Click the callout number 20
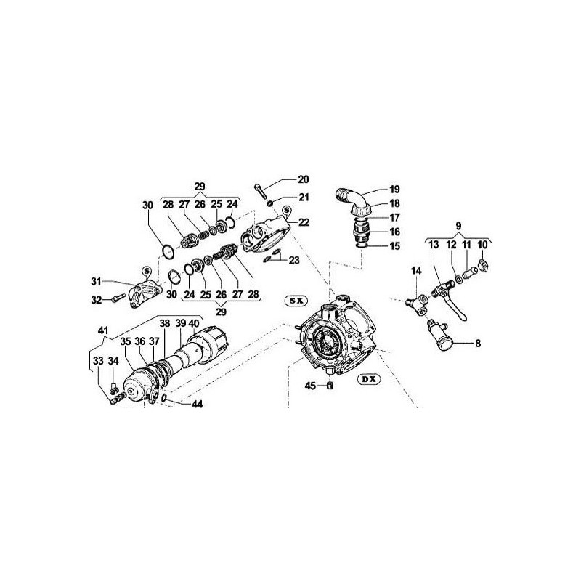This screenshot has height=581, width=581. click(x=303, y=179)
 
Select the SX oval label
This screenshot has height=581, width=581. click(x=296, y=301)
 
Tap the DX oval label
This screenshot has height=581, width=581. click(x=369, y=379)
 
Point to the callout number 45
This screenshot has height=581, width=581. click(x=311, y=386)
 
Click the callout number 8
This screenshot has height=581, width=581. click(x=478, y=344)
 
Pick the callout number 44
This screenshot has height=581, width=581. click(x=197, y=404)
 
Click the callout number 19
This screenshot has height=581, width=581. click(x=394, y=190)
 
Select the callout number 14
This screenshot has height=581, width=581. click(x=416, y=271)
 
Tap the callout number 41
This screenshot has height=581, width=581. click(x=102, y=330)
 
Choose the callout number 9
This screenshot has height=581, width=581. click(x=458, y=226)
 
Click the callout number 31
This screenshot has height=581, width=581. click(x=96, y=282)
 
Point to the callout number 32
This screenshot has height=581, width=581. click(x=97, y=299)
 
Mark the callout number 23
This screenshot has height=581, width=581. click(x=294, y=261)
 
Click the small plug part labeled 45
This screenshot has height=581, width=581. click(x=330, y=386)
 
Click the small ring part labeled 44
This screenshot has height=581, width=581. click(x=164, y=398)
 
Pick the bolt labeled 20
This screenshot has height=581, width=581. click(x=261, y=190)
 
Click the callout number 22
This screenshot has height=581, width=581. click(x=304, y=222)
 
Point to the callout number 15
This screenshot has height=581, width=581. click(x=395, y=246)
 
